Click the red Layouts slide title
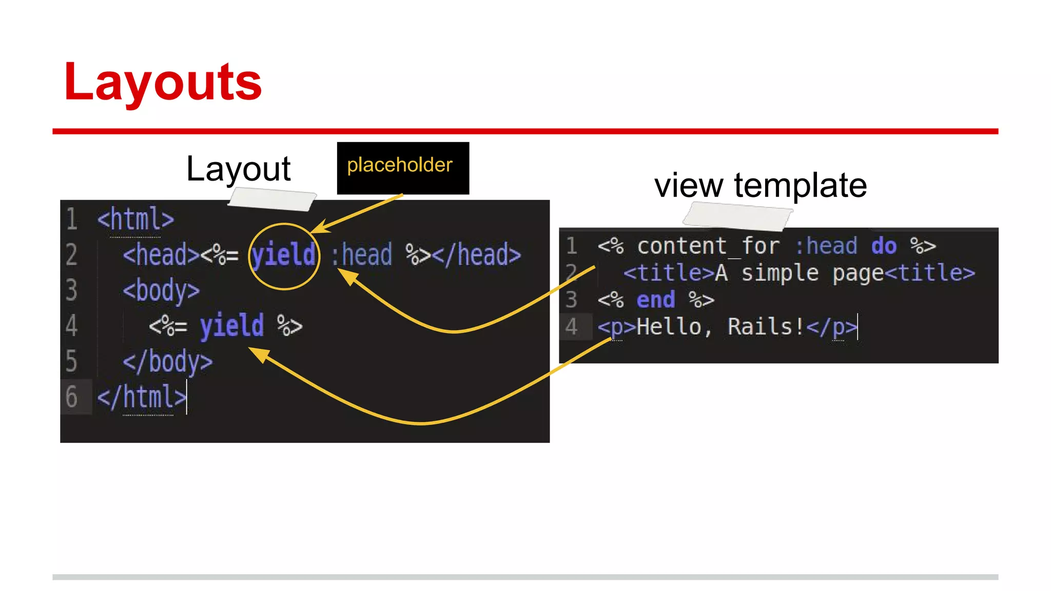pyautogui.click(x=163, y=82)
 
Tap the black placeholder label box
pyautogui.click(x=403, y=168)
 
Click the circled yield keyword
pyautogui.click(x=284, y=255)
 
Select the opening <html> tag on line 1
pyautogui.click(x=135, y=220)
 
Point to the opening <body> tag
pyautogui.click(x=161, y=291)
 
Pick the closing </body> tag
pyautogui.click(x=167, y=362)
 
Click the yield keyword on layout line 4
pyautogui.click(x=232, y=326)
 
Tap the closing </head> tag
pyautogui.click(x=477, y=255)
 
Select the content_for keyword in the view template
pyautogui.click(x=708, y=246)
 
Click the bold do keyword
pyautogui.click(x=884, y=246)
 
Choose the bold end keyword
pyautogui.click(x=655, y=300)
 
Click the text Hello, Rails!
pyautogui.click(x=721, y=327)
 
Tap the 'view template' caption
pyautogui.click(x=761, y=185)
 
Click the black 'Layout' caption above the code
pyautogui.click(x=238, y=169)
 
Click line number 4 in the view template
pyautogui.click(x=571, y=327)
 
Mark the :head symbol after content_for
pyautogui.click(x=826, y=246)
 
